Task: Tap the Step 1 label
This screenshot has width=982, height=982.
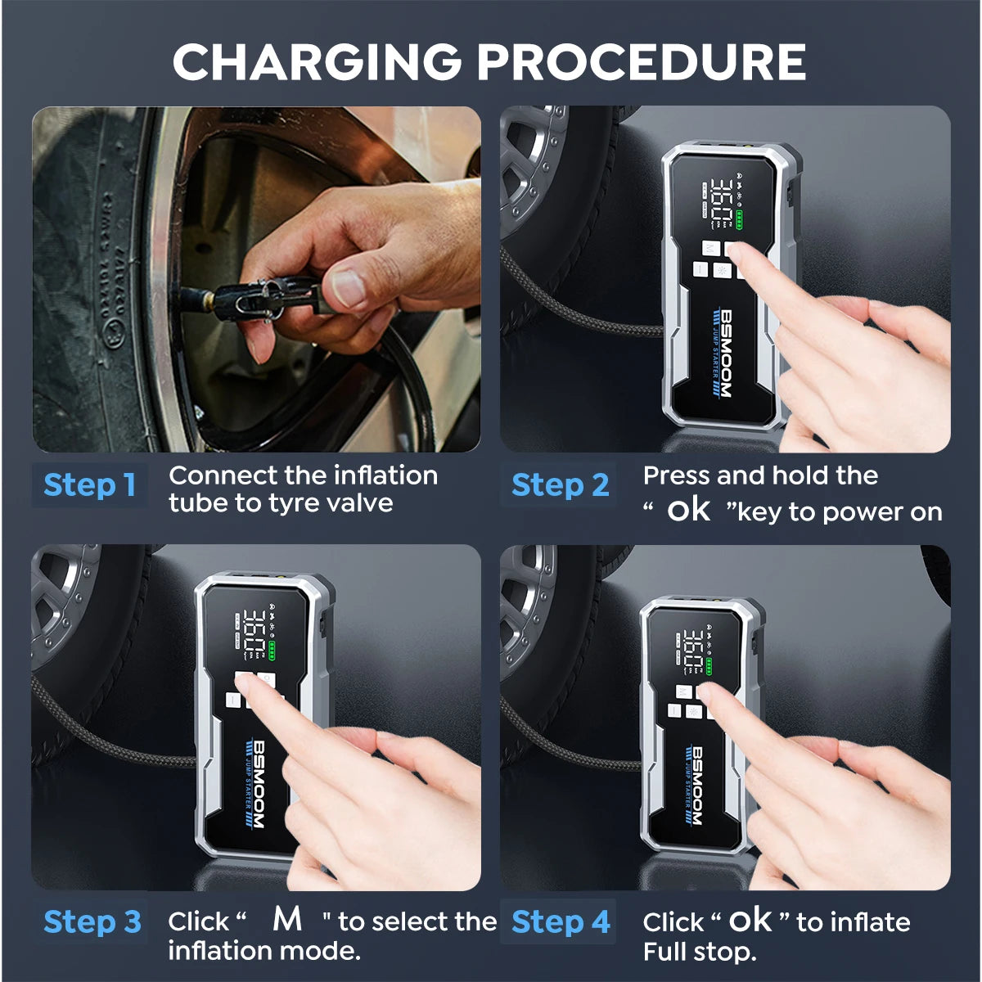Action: tap(89, 484)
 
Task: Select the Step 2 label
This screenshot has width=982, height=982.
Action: tap(560, 484)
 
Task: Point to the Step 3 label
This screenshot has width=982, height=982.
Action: tap(92, 921)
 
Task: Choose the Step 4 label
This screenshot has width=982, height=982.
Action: tap(561, 921)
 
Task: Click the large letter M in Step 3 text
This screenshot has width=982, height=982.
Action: tap(287, 919)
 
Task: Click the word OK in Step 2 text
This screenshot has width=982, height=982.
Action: tap(688, 511)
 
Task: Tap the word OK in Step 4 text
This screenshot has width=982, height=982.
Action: tap(750, 921)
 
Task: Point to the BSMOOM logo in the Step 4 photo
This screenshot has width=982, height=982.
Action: tap(697, 786)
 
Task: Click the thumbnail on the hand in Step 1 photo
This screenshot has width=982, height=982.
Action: tap(347, 287)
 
